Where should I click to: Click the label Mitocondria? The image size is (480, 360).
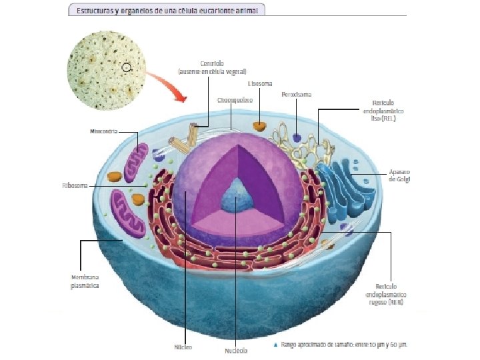(103, 131)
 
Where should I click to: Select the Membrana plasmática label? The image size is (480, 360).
(85, 281)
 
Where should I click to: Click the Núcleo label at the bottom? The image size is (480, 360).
(183, 347)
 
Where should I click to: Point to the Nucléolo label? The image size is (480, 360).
(236, 350)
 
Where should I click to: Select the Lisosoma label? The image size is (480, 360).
(259, 84)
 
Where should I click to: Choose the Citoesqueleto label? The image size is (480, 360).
(234, 99)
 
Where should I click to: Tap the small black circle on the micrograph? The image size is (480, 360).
(127, 67)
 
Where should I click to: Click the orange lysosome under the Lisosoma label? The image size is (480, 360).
(259, 125)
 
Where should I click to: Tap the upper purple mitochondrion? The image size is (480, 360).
(141, 162)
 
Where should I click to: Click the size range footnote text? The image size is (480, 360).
(344, 345)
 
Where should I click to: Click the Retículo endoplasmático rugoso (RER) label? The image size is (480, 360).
(386, 293)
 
